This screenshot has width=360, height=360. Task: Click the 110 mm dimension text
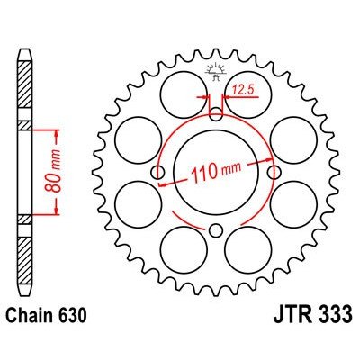tap(217, 174)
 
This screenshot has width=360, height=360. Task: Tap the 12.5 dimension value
tap(241, 88)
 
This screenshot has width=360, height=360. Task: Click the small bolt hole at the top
tap(216, 113)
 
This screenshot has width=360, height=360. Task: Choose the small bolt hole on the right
tap(274, 172)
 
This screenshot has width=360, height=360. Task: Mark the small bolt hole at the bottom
tap(216, 231)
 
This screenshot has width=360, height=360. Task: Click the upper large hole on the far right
tap(296, 139)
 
